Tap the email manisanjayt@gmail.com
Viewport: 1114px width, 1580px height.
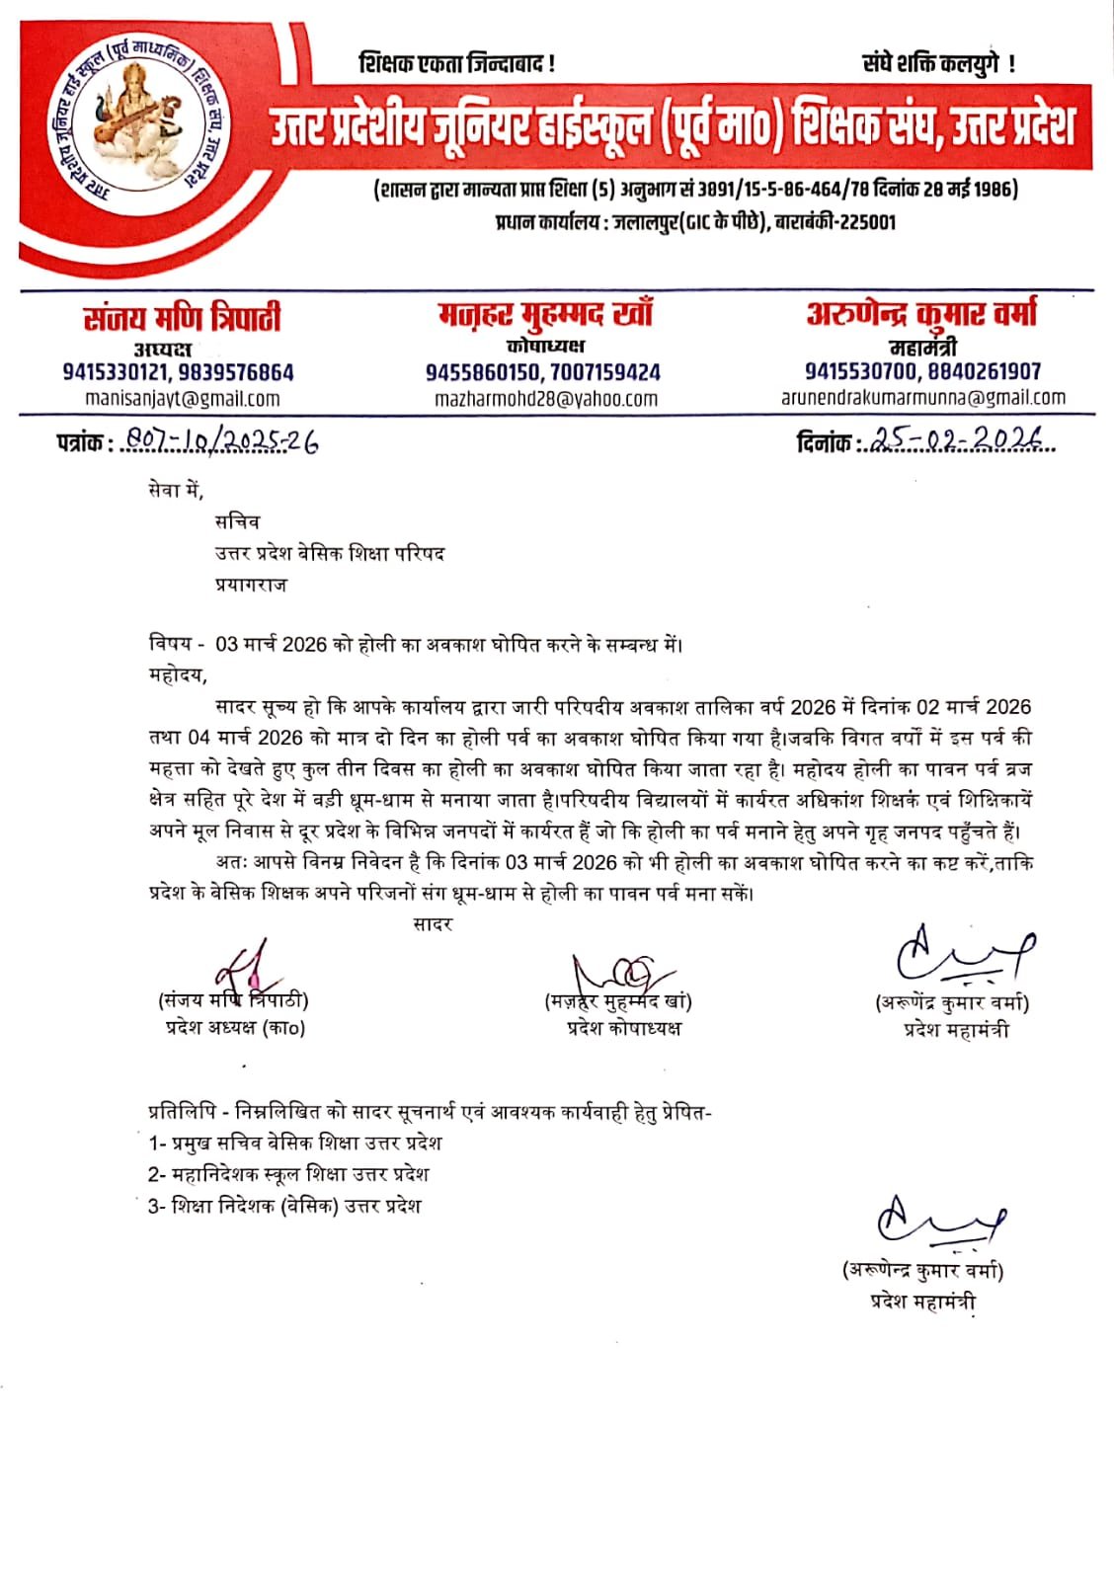(183, 399)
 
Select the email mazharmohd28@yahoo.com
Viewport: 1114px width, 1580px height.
(546, 399)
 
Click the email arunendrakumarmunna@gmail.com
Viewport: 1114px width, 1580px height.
(923, 398)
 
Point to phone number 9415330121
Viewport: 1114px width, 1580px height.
(116, 372)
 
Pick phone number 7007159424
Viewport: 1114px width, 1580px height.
(605, 372)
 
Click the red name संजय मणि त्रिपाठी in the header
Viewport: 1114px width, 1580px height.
(182, 318)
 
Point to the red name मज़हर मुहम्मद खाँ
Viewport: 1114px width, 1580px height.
(545, 315)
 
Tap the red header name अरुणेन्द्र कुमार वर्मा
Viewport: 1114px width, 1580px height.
(922, 313)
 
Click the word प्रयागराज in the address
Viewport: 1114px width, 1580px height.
(251, 585)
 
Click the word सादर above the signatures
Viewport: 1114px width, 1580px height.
(433, 924)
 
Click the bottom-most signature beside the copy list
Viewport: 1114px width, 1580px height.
(938, 1222)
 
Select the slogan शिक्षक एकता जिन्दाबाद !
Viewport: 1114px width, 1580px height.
(456, 64)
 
